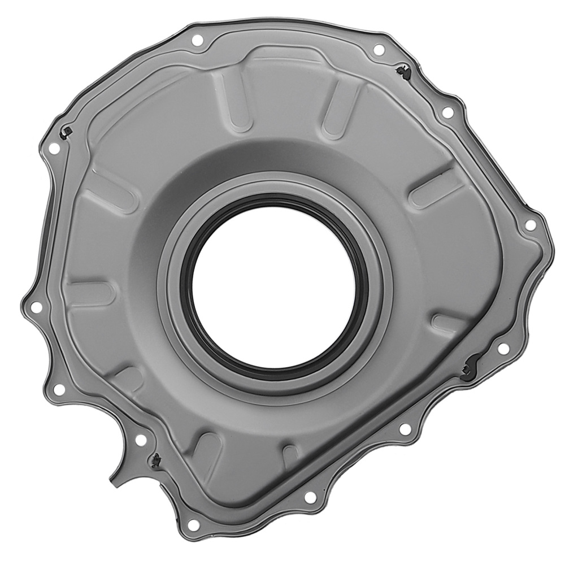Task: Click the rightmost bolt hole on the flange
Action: (x=530, y=225)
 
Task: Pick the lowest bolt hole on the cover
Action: (x=193, y=525)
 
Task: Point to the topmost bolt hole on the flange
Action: (x=197, y=41)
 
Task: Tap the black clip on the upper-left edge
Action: (x=66, y=132)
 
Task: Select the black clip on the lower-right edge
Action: (x=468, y=370)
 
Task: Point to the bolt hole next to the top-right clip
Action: (x=379, y=50)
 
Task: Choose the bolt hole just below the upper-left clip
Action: (x=54, y=149)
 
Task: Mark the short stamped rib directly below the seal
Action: (x=290, y=455)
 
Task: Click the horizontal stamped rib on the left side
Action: (x=90, y=293)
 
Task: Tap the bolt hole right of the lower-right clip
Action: (x=502, y=349)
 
